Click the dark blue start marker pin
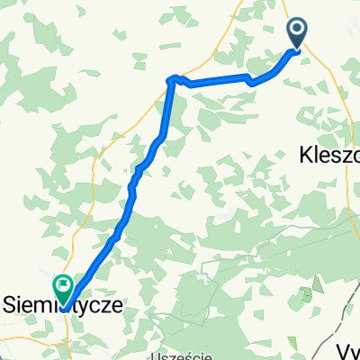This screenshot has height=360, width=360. [298, 33]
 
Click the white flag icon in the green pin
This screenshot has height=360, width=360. [64, 285]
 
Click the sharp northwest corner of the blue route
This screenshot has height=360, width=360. [169, 80]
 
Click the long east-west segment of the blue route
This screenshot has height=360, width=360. [216, 82]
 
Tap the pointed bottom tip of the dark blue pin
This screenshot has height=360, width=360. [298, 49]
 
